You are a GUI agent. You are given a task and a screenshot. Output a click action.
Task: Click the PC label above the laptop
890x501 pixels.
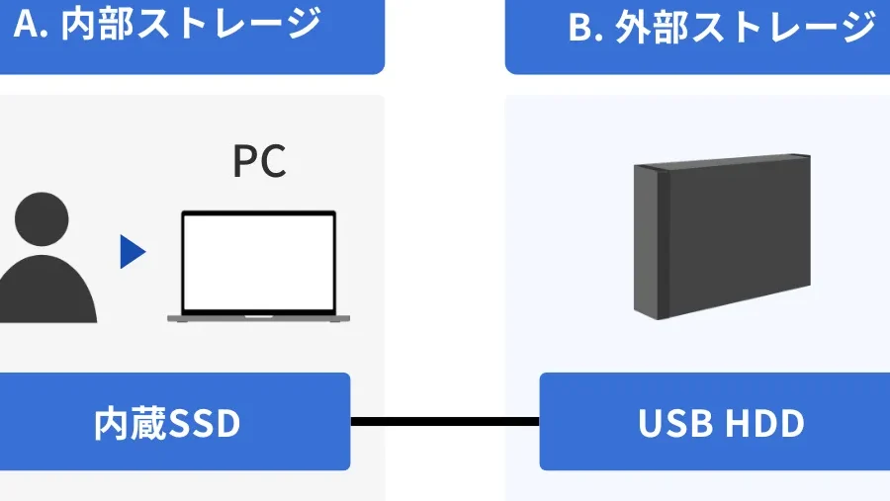tap(259, 161)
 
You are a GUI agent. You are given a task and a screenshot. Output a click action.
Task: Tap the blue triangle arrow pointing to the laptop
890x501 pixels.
tap(132, 252)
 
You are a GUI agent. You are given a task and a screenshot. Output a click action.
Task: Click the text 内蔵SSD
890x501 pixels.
tap(167, 423)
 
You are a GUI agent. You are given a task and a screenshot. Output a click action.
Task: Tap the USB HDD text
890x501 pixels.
tap(721, 423)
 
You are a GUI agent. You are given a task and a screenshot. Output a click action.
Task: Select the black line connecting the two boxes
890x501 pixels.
tap(445, 423)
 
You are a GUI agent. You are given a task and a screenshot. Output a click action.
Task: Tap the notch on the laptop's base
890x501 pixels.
tap(259, 317)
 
